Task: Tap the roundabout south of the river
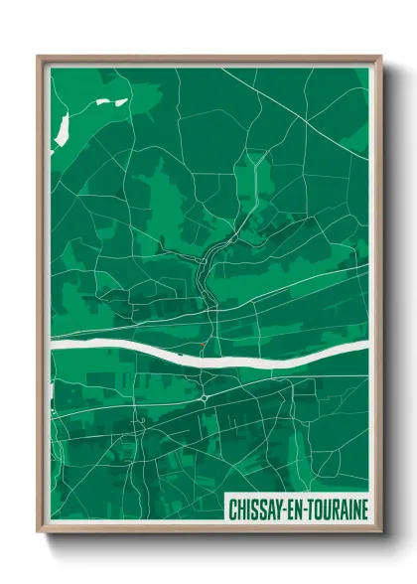(x=205, y=396)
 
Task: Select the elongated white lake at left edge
(x=60, y=126)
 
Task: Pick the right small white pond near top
(x=121, y=100)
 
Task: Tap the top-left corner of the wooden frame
(x=39, y=57)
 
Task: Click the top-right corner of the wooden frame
(x=381, y=57)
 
